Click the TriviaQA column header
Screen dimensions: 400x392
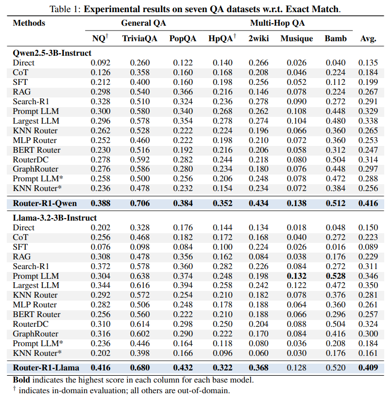click(x=136, y=38)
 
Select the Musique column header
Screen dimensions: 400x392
click(x=296, y=38)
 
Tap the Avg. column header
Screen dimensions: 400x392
click(x=368, y=38)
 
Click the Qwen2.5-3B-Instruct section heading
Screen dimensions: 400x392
click(x=52, y=53)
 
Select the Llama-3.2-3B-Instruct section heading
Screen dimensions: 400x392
click(x=55, y=218)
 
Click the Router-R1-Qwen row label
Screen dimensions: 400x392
click(x=45, y=203)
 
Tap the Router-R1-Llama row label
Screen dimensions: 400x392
click(x=46, y=368)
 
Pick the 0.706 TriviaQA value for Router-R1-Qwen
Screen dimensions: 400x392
click(x=140, y=203)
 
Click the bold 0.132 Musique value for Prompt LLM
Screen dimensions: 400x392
click(x=296, y=276)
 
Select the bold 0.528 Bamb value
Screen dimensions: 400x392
click(x=335, y=276)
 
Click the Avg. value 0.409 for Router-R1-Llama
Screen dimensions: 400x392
click(x=368, y=368)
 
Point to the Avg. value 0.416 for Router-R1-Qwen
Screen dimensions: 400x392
click(x=368, y=203)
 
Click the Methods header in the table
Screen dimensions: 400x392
click(x=29, y=23)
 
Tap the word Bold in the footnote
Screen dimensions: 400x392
click(x=21, y=380)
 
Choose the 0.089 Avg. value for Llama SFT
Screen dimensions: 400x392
click(x=368, y=247)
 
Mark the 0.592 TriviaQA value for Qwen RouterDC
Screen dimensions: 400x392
click(x=140, y=160)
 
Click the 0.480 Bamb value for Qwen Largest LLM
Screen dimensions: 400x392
click(x=335, y=121)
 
